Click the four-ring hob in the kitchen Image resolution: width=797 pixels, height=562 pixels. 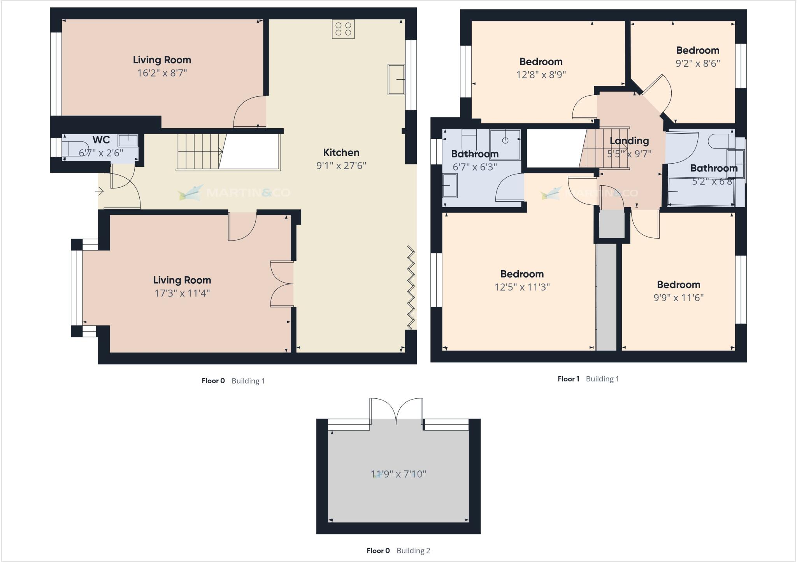[x=343, y=29]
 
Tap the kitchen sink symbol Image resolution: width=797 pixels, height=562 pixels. [x=396, y=79]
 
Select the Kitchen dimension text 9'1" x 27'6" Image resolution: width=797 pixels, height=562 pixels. [x=341, y=166]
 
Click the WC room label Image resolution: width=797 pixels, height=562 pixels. [x=101, y=140]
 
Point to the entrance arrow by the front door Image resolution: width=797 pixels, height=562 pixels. [x=99, y=191]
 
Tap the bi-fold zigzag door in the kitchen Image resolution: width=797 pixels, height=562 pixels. [x=411, y=288]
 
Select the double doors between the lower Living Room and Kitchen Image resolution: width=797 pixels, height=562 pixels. [x=282, y=284]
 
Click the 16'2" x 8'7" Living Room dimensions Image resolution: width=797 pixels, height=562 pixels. [x=162, y=73]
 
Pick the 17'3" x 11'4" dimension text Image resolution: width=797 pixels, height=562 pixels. [x=182, y=293]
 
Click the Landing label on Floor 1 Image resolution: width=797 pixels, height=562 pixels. [x=629, y=141]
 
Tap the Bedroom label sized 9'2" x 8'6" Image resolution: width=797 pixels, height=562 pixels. [x=697, y=51]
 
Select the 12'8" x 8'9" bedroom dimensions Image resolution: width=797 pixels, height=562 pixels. [x=541, y=75]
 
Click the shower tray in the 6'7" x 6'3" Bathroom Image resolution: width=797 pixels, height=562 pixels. [x=505, y=145]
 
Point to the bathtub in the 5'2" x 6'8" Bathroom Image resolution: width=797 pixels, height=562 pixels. [x=700, y=192]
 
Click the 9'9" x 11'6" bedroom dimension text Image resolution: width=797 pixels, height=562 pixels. [x=678, y=298]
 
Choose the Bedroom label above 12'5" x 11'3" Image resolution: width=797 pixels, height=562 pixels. [x=522, y=274]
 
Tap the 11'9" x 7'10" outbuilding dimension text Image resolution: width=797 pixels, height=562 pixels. [x=398, y=474]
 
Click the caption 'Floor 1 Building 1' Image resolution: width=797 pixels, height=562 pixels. [x=588, y=379]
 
